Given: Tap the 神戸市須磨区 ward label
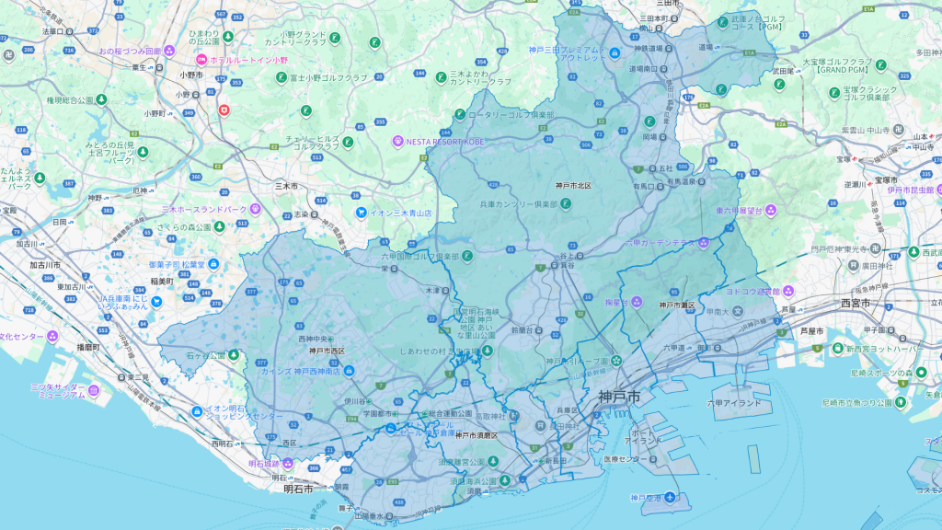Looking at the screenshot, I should pyautogui.click(x=476, y=434).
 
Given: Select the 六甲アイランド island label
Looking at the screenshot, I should pyautogui.click(x=734, y=403).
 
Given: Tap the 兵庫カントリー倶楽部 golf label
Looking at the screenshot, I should pyautogui.click(x=519, y=204).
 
